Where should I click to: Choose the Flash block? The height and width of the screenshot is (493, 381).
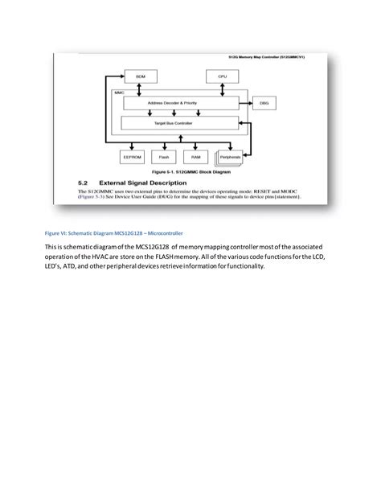pos(164,157)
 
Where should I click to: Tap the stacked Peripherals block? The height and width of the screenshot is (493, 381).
pos(230,157)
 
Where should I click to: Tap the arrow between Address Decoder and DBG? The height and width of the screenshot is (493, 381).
pos(246,104)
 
